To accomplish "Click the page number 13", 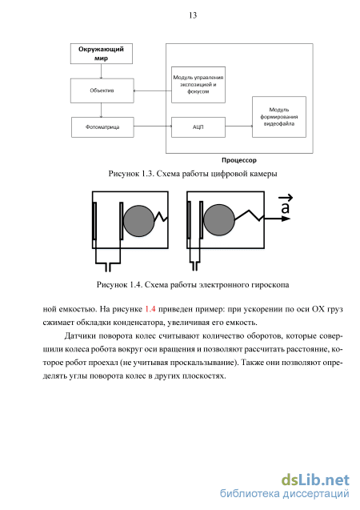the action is tap(193, 15).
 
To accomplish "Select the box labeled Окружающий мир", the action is tap(102, 54).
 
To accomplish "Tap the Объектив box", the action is tap(102, 90).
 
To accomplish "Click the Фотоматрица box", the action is tap(102, 127).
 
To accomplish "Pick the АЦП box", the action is tap(198, 127).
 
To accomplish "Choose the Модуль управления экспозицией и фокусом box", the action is tap(198, 85).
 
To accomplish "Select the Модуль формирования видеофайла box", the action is tap(279, 117).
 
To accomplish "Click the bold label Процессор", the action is tap(239, 160).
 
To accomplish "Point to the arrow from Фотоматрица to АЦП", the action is tap(153, 126).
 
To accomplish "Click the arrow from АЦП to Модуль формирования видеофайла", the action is tap(239, 126).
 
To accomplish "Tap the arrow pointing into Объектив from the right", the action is tap(153, 90).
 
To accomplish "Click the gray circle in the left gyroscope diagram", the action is tap(138, 221).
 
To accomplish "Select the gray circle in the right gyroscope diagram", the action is tap(219, 220).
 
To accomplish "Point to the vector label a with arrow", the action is tap(286, 205).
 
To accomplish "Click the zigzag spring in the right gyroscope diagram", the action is tap(250, 215).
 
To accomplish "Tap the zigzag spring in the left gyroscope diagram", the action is tap(161, 217).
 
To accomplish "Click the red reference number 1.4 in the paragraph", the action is tap(150, 309).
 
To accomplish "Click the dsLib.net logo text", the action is tap(315, 480).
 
